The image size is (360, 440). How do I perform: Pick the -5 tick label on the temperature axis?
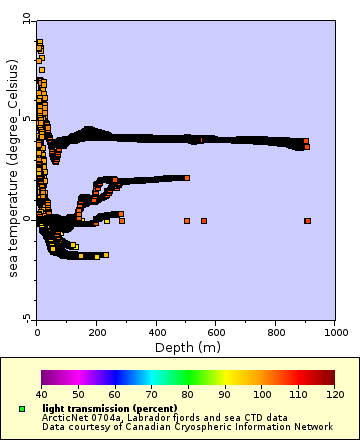[x=27, y=317]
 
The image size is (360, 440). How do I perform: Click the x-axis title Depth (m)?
[x=187, y=347]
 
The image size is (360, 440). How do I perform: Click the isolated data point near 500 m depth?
[x=187, y=220]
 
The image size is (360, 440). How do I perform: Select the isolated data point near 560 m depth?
[x=204, y=220]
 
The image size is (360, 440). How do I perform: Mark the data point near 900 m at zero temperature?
[x=307, y=220]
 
